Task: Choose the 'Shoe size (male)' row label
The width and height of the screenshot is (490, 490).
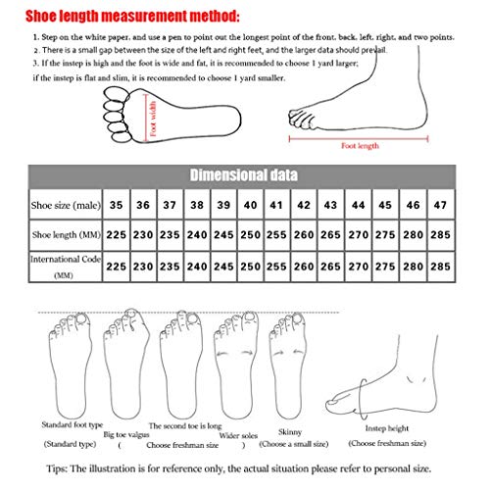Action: click(x=61, y=207)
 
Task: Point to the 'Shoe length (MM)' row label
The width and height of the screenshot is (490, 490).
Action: click(x=61, y=236)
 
